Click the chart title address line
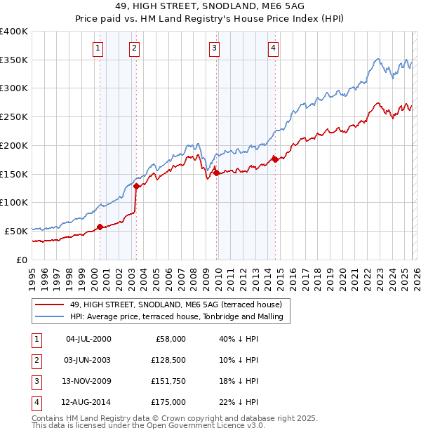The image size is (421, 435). point(210,8)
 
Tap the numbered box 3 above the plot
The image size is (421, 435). point(214,48)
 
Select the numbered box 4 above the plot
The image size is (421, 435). point(273,48)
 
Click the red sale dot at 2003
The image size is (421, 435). point(136,186)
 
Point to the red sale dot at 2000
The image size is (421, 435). point(100,226)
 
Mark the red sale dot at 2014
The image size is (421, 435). point(275,159)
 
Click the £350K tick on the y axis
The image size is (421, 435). point(14,60)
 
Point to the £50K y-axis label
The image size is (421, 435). point(16,231)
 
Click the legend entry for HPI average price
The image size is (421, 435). point(175,317)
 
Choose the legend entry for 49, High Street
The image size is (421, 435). point(175,305)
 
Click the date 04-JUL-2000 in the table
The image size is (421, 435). point(88,339)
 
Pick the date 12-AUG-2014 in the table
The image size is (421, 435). point(88,402)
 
